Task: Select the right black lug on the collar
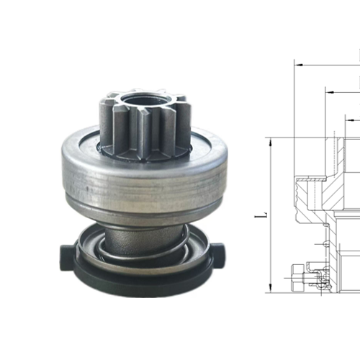point(218,254)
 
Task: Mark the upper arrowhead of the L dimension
point(271,142)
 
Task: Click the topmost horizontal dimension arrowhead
point(299,65)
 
